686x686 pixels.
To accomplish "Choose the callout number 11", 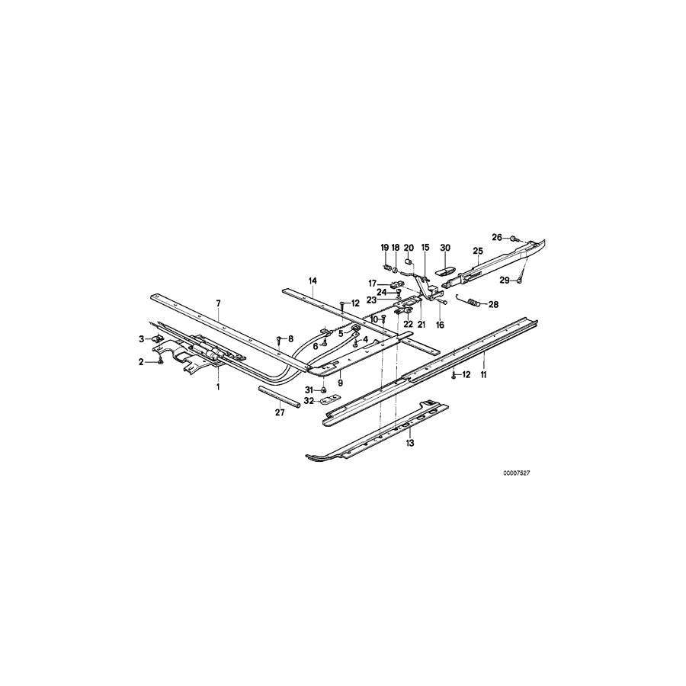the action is [483, 375].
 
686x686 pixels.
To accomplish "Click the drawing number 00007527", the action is [516, 473].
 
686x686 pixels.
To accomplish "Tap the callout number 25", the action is [478, 250].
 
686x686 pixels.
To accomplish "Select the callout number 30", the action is [446, 248].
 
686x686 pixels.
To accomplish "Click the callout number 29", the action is [504, 281].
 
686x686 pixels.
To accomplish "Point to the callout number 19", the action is [385, 248].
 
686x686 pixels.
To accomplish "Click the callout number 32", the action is [308, 400].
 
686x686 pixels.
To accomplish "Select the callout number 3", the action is [141, 338].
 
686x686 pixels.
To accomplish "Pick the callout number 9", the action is [341, 383].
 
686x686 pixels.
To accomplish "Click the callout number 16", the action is [439, 325].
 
